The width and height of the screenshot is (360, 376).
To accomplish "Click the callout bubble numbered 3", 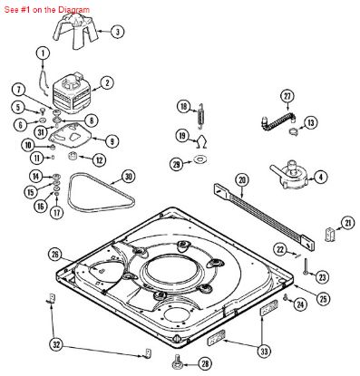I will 117,32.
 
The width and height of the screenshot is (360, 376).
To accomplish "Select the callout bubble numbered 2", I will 107,83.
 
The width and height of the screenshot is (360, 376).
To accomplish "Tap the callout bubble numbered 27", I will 287,96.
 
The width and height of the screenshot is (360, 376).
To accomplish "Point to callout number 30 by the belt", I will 128,177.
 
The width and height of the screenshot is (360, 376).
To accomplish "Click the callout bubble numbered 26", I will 54,255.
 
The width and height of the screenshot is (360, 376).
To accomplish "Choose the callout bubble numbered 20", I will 241,181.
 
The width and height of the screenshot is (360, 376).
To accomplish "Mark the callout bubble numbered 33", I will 264,351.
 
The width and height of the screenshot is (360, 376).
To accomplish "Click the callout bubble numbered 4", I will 321,176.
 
